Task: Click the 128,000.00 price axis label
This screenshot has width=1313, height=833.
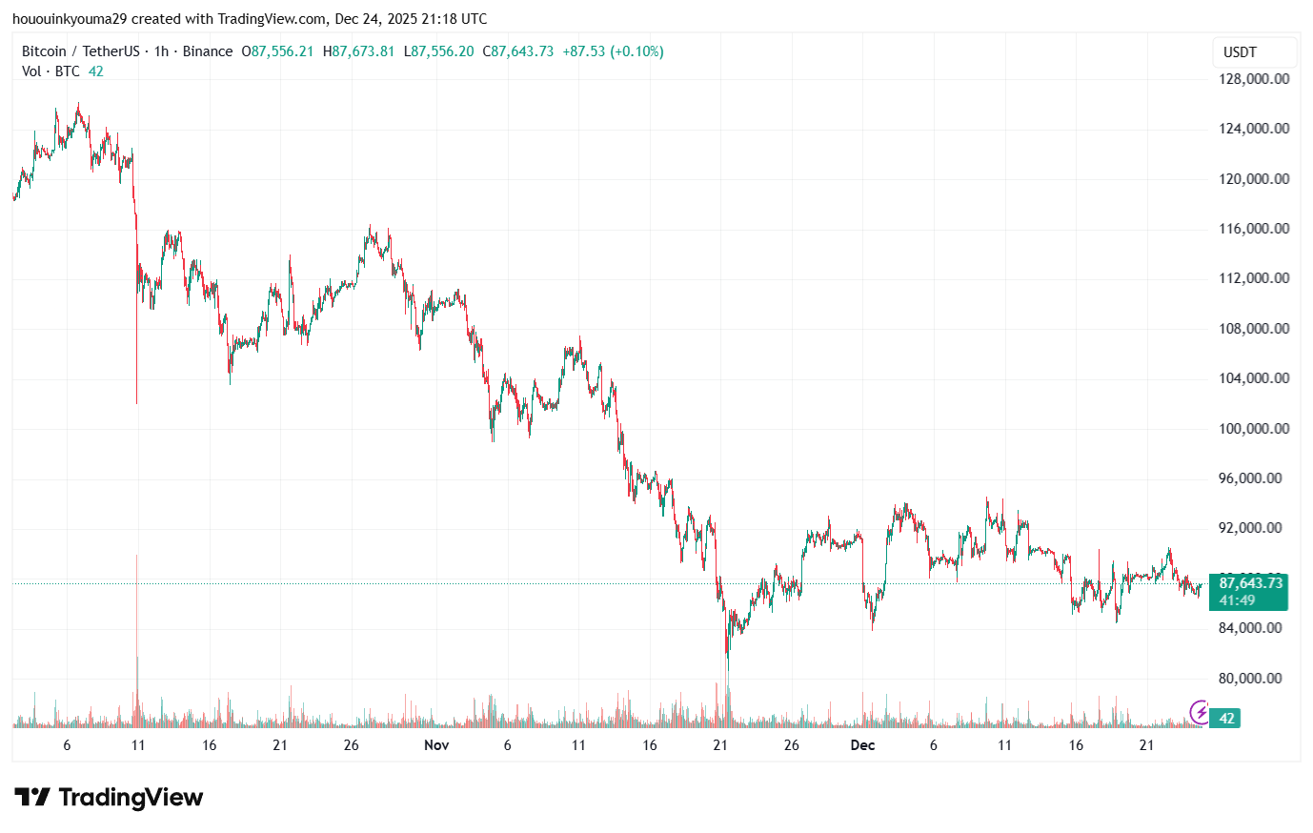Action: [1254, 79]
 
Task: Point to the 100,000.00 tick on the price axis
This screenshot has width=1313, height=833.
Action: [1254, 428]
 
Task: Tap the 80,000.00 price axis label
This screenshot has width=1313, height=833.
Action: [1254, 678]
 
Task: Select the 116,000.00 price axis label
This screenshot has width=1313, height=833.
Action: [1254, 229]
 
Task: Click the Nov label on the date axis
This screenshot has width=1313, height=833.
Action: [436, 745]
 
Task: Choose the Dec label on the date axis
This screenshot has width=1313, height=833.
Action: [862, 745]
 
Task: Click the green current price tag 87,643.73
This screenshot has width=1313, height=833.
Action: [1250, 582]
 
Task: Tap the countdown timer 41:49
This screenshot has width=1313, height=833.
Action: [1237, 600]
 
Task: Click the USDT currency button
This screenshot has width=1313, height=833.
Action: [1240, 52]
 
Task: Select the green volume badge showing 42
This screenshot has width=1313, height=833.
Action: [1227, 719]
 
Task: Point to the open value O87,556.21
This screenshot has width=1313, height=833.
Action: [277, 51]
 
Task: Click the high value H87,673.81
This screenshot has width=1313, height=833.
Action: [358, 51]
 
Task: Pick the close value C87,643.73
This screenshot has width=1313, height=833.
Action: [517, 51]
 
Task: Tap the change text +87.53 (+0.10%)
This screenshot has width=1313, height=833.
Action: [613, 51]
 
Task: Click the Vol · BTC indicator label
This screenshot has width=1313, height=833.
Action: [50, 71]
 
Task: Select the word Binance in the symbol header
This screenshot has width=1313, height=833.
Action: [207, 51]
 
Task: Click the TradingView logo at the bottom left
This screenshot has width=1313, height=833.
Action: [109, 797]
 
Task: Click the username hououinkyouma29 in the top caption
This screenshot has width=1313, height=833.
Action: [70, 19]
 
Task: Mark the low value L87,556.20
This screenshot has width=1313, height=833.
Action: [438, 51]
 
